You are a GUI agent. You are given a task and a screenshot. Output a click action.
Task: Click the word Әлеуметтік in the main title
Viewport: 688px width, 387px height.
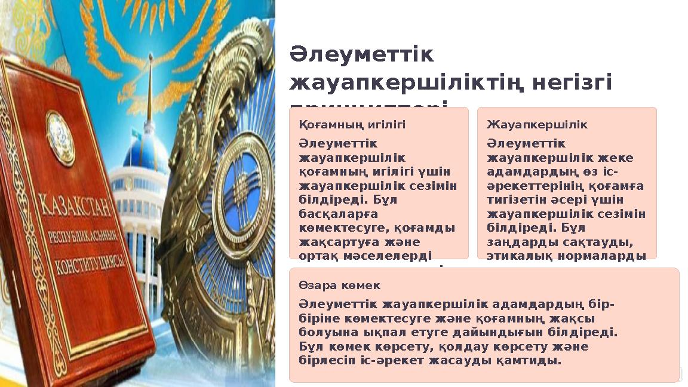(x=362, y=55)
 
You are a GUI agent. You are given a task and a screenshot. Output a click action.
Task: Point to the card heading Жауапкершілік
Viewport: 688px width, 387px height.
(x=537, y=125)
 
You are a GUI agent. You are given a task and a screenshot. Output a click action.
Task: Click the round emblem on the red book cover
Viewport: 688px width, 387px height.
(x=60, y=137)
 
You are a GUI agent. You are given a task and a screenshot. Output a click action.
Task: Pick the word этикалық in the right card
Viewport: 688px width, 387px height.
(x=514, y=256)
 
